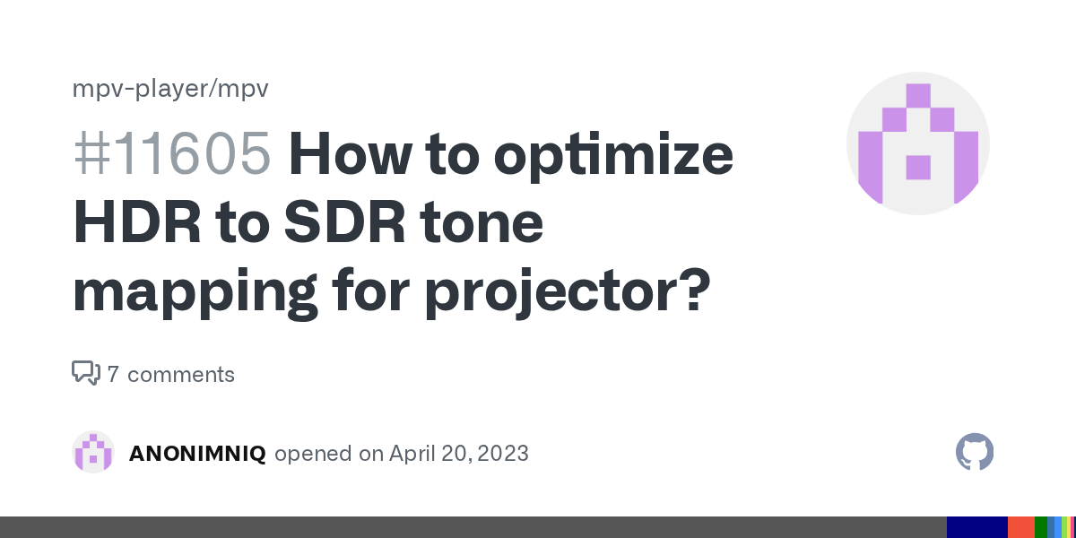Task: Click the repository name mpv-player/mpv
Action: tap(170, 89)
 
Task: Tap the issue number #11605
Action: tap(171, 154)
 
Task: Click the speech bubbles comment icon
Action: tap(85, 373)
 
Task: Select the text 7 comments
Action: tap(170, 374)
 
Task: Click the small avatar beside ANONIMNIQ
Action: tap(93, 452)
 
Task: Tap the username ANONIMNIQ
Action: tap(197, 454)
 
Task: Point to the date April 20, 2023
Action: tap(458, 454)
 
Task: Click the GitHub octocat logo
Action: tap(975, 452)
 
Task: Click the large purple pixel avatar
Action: tap(917, 143)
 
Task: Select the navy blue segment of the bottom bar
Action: tap(976, 527)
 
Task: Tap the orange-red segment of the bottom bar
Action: tap(1020, 527)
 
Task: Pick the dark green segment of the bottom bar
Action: tap(1040, 527)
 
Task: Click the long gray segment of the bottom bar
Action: tap(473, 527)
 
